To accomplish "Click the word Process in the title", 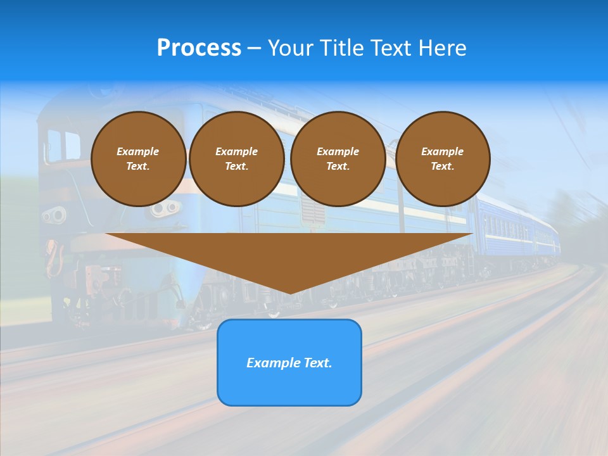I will [x=199, y=48].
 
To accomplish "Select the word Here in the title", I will [x=442, y=48].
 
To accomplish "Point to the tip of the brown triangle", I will [x=289, y=292].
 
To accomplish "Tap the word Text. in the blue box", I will [x=319, y=363].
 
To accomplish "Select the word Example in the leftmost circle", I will [x=138, y=151].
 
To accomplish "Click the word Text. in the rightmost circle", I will [x=443, y=166].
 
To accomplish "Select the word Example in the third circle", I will [x=338, y=151].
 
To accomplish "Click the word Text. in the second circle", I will [x=236, y=166].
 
